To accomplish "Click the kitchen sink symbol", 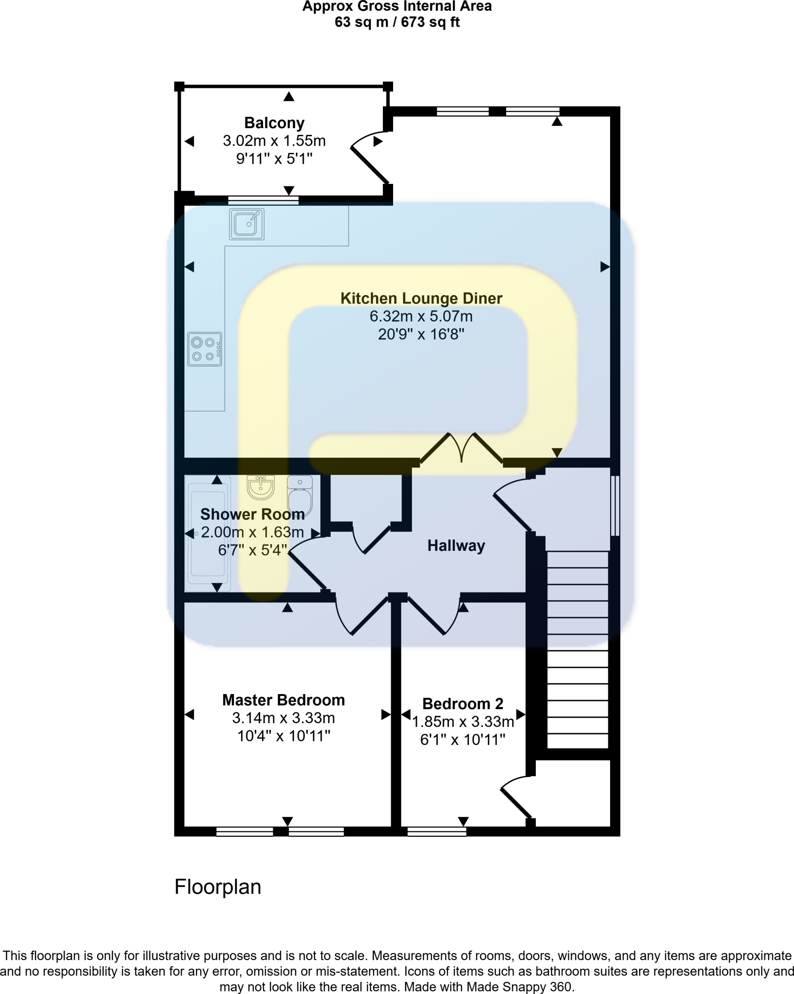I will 247,224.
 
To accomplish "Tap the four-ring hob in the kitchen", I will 205,349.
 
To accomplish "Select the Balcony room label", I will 274,123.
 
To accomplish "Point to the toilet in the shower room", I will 300,495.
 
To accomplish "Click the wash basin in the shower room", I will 261,487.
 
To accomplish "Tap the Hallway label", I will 456,546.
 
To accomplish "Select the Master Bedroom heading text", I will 283,700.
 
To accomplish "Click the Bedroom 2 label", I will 463,703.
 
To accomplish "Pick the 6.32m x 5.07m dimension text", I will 421,316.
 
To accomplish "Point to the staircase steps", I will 578,650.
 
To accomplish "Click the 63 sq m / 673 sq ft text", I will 397,22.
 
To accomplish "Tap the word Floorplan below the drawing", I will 218,887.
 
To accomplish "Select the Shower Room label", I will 252,514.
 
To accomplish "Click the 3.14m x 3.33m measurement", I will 283,718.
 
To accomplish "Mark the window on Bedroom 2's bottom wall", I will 437,831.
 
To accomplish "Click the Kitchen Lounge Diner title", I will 421,298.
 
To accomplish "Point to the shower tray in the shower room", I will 208,534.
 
